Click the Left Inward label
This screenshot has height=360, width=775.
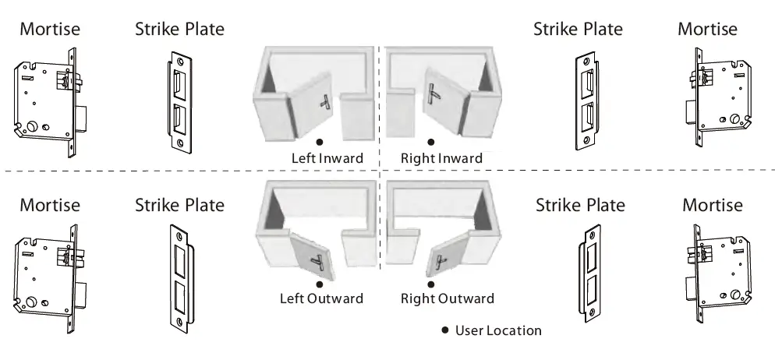pyautogui.click(x=327, y=158)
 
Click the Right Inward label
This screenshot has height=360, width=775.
pyautogui.click(x=441, y=158)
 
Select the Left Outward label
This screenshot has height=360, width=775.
pyautogui.click(x=321, y=298)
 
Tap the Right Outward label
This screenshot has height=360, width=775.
pyautogui.click(x=447, y=298)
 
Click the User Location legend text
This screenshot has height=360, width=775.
pyautogui.click(x=497, y=330)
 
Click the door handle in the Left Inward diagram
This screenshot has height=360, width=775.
pyautogui.click(x=325, y=101)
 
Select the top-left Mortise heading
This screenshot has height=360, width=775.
pyautogui.click(x=50, y=30)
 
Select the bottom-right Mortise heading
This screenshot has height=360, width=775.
pyautogui.click(x=712, y=206)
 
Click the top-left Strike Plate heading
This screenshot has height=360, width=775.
pyautogui.click(x=179, y=30)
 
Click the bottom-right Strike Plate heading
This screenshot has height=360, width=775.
pyautogui.click(x=580, y=206)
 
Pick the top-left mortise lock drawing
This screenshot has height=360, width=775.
pyautogui.click(x=48, y=101)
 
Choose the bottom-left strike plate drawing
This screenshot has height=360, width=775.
pyautogui.click(x=180, y=278)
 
